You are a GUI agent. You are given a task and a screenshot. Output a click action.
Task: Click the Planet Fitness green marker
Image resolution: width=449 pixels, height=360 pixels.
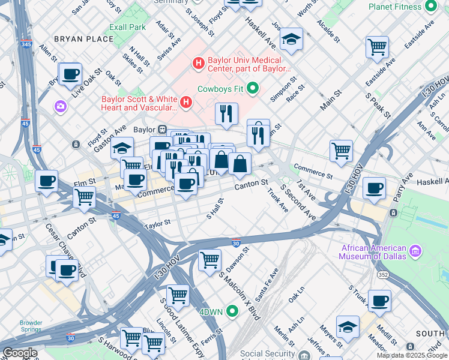tap(430, 6)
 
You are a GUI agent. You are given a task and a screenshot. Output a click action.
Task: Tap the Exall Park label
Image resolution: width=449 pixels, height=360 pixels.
tap(127, 28)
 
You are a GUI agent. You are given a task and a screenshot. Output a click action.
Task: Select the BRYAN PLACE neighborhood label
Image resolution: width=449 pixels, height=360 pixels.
tap(83, 39)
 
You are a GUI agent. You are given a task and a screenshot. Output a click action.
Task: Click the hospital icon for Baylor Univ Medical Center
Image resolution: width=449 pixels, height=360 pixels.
tap(198, 62)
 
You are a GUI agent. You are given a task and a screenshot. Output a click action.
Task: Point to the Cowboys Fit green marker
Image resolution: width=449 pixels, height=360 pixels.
tap(252, 88)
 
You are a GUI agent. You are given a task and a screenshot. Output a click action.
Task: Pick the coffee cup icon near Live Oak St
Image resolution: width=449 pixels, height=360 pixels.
tap(71, 75)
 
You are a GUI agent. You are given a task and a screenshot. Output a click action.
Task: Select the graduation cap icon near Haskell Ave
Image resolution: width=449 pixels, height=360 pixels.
tap(291, 40)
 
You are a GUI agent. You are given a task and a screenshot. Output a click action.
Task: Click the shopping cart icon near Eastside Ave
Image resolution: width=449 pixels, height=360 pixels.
tap(377, 46)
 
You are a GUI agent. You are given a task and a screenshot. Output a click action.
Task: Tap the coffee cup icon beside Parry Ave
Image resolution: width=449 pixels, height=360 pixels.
tap(374, 188)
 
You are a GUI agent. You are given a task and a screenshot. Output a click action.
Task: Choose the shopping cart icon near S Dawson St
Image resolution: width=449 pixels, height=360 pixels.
tap(209, 260)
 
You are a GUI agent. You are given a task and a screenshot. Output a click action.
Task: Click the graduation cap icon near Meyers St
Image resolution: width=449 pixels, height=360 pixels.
tap(348, 326)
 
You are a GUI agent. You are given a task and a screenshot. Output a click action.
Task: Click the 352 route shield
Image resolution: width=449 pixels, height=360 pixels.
tap(382, 274)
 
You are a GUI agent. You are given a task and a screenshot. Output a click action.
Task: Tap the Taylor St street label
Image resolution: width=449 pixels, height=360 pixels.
tap(157, 223)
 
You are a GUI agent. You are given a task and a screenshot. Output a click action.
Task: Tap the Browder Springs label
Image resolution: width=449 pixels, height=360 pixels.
tap(31, 326)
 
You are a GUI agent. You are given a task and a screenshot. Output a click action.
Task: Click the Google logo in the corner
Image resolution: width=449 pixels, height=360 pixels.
tap(20, 353)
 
